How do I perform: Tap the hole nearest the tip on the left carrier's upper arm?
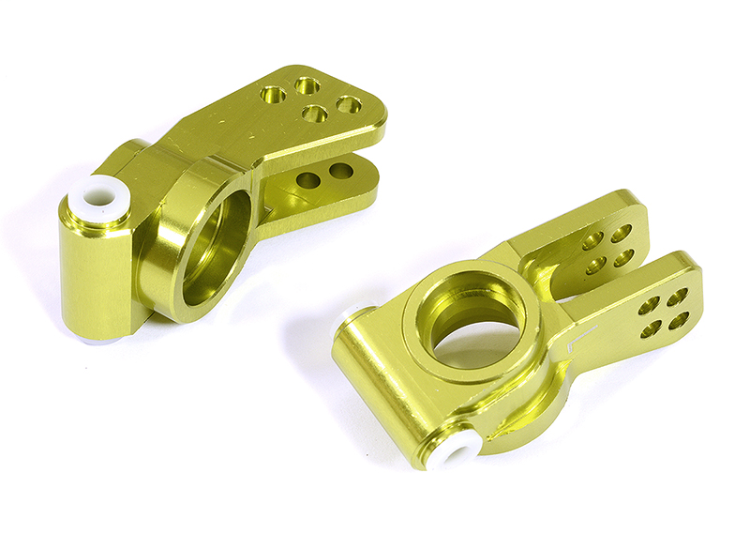tap(349, 105)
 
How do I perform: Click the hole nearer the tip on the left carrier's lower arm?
tap(341, 172)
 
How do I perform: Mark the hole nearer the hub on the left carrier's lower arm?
tap(307, 178)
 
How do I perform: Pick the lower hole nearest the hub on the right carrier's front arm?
tap(648, 329)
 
